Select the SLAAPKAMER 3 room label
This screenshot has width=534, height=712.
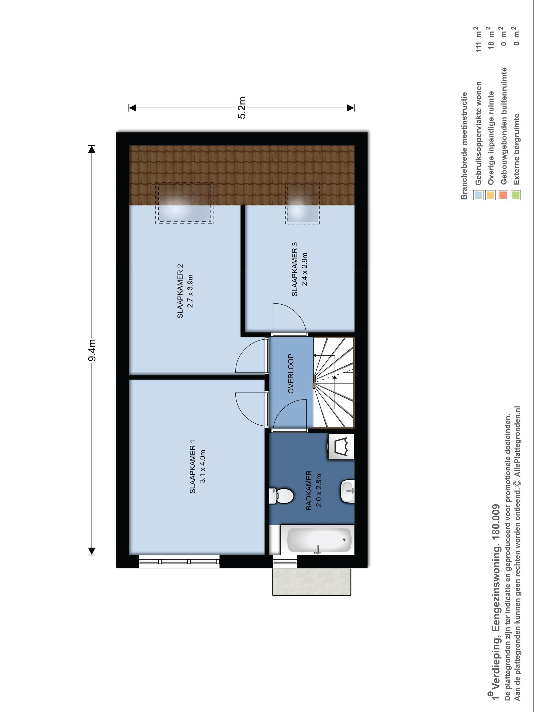294,269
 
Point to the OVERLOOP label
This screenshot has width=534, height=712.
291,374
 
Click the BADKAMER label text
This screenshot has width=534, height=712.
309,490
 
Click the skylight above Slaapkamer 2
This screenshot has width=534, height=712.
184,203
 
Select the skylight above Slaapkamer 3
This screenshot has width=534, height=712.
302,203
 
